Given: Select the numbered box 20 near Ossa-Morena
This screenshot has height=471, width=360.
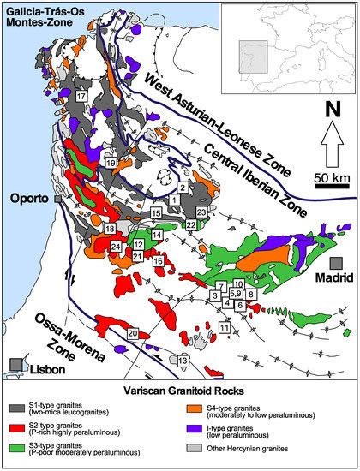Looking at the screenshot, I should pos(132,332).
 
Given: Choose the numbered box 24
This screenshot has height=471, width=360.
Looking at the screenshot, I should pos(116,247).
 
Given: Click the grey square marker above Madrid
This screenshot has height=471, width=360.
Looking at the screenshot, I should pos(336,263).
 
